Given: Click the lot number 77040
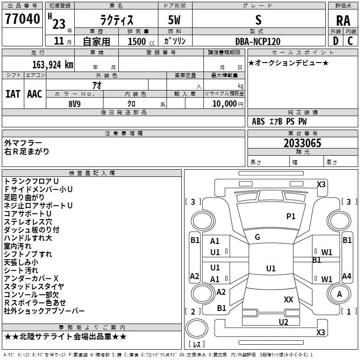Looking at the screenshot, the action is [22, 19].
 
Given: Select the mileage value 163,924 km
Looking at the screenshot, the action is [53, 65].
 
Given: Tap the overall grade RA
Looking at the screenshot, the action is [343, 21].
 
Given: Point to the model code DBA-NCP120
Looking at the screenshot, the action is [258, 41].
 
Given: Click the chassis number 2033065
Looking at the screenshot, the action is [302, 143].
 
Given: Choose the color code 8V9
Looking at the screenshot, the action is [75, 104].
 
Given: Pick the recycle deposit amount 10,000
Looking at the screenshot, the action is [225, 104].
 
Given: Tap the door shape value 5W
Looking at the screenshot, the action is [174, 20].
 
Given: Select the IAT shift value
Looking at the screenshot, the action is [13, 94].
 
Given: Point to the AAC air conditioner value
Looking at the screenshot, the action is [35, 94].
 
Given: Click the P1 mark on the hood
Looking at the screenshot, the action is [291, 216].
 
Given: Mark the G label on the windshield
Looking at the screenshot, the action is [257, 237].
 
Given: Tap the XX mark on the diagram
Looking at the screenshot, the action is [288, 299].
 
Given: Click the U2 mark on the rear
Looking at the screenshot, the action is [283, 322].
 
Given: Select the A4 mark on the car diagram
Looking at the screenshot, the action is [346, 276].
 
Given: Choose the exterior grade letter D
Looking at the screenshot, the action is [336, 41].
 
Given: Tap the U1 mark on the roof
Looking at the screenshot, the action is [271, 268].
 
